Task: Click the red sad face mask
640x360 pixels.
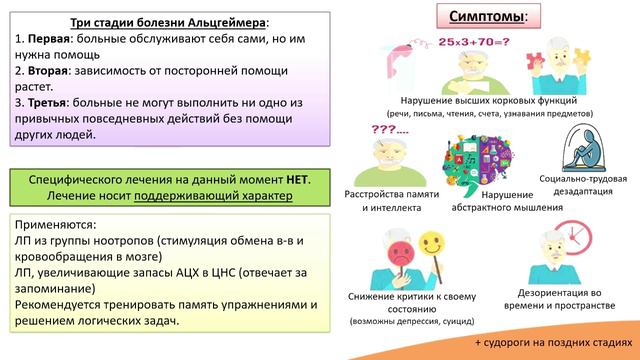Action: click(x=402, y=247)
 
